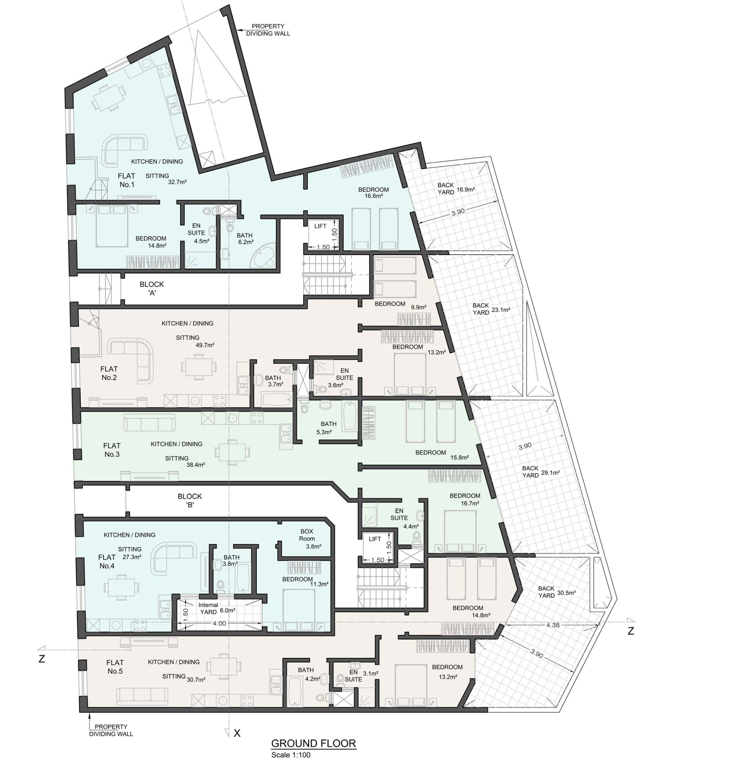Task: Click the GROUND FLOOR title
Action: tap(313, 743)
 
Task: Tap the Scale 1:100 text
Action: tap(291, 755)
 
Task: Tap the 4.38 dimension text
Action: tap(553, 625)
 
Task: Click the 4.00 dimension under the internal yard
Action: tap(219, 623)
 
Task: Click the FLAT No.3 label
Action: tap(112, 450)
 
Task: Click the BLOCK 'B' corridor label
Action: tap(190, 500)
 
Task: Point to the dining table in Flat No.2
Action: tap(199, 366)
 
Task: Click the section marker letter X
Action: tap(237, 733)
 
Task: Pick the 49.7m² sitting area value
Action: tap(205, 345)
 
